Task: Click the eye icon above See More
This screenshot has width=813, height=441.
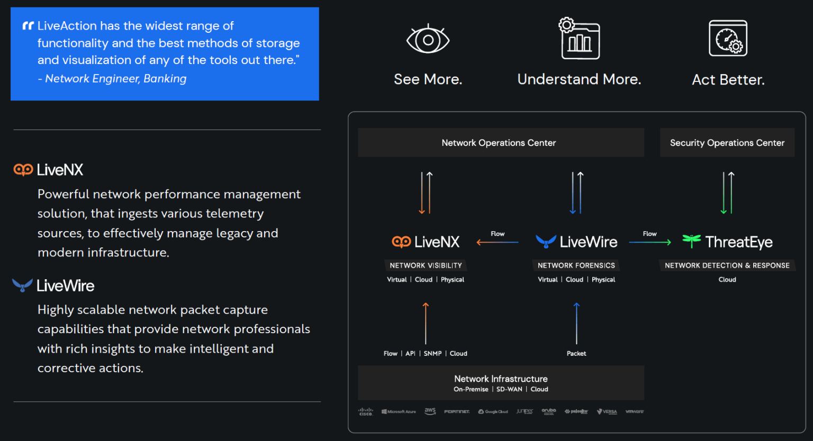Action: [428, 40]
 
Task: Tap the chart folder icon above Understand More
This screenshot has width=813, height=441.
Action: [580, 39]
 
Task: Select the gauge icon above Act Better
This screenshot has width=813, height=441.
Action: [728, 38]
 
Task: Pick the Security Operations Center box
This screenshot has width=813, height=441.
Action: [727, 143]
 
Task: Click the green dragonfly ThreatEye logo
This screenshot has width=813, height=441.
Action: [691, 241]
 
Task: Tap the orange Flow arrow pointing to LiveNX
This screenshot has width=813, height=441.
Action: [497, 242]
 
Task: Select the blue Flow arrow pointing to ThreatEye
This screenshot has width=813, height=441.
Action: [649, 242]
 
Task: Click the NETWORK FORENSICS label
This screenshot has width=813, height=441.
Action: [576, 265]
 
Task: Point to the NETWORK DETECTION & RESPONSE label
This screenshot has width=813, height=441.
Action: [727, 265]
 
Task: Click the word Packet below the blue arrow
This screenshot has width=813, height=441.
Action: [576, 354]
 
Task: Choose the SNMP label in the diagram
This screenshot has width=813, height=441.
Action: [432, 354]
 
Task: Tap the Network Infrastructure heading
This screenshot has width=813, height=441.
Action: [501, 379]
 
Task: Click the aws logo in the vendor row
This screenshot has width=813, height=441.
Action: [430, 411]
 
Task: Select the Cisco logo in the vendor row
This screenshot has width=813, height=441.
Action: [366, 411]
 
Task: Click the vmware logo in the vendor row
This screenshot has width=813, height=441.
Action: [634, 411]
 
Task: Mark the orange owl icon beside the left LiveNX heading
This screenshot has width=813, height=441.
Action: [23, 170]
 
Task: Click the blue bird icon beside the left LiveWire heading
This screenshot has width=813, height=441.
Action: [22, 286]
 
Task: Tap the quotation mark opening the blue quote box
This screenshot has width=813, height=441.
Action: [28, 26]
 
